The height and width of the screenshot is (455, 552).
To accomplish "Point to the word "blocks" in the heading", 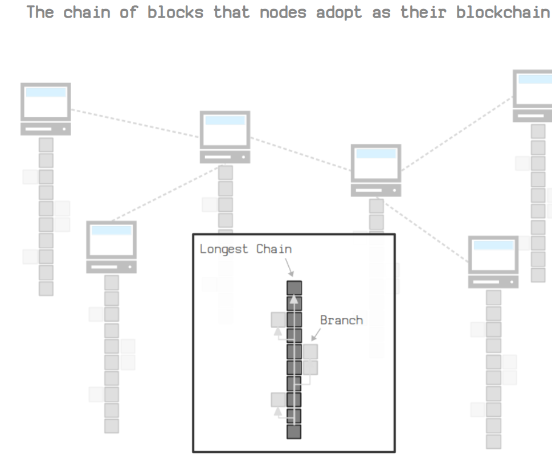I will [175, 12].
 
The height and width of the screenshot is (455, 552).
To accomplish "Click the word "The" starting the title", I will [40, 12].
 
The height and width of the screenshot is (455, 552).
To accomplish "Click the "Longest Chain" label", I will [246, 249].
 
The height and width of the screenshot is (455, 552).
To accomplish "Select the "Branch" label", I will [341, 320].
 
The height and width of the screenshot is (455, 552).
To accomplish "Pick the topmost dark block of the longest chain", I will [294, 287].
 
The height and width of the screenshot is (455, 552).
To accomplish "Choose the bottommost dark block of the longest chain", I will [294, 432].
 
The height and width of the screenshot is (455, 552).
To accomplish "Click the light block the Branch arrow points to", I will [310, 351].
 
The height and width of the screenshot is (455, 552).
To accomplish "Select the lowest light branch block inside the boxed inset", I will [279, 400].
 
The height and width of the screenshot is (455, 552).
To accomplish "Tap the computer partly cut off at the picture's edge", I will [533, 91].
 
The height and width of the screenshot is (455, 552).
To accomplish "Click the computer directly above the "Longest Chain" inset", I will [225, 130].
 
